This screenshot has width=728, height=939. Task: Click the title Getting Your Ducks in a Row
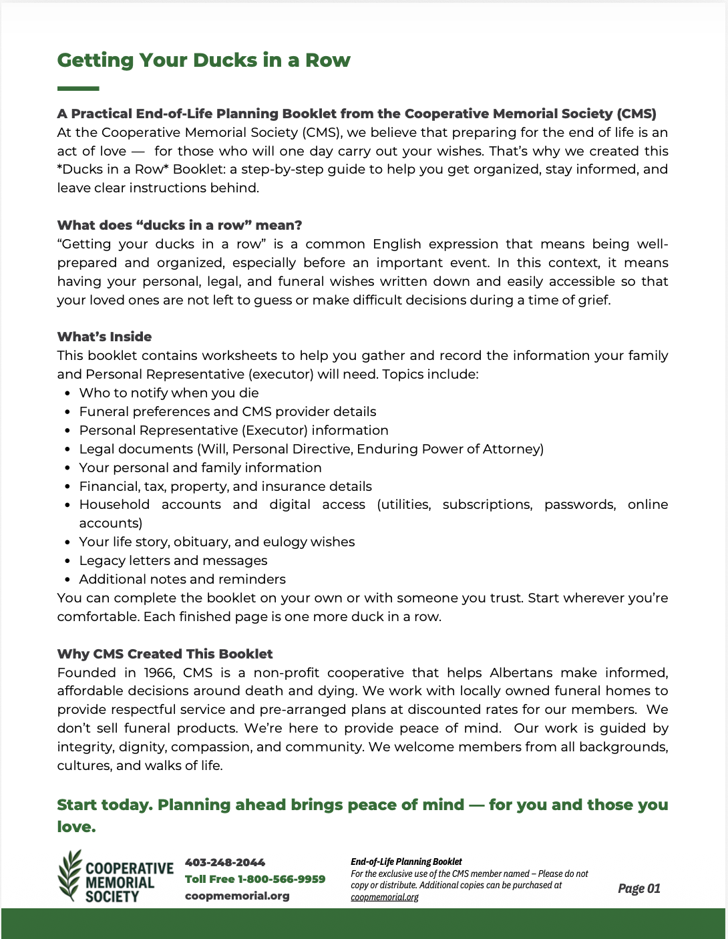pos(204,60)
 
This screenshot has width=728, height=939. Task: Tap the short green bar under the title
pos(78,88)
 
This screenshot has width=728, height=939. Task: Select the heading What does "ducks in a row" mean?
pos(180,225)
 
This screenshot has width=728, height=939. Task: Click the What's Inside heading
pos(104,337)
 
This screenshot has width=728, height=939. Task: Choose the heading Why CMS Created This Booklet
pos(165,654)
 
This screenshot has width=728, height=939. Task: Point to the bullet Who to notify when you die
pos(169,393)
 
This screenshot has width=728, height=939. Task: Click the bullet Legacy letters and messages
pos(173,560)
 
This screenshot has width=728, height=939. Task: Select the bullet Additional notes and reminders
pos(182,579)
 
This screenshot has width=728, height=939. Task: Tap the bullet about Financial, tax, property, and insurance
pos(225,486)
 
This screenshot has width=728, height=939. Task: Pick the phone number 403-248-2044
pos(225,862)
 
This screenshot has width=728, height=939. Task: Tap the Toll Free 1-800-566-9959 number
pos(255,879)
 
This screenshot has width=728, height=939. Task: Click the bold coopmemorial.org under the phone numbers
pos(237,896)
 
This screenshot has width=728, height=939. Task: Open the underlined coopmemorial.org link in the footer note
pos(385,897)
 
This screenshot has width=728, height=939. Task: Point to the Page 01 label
pos(639,888)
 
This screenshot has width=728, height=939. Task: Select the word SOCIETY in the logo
pos(112,896)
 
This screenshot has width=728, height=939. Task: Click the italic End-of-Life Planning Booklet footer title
pos(406,862)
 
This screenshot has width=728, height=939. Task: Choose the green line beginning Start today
pos(363,805)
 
